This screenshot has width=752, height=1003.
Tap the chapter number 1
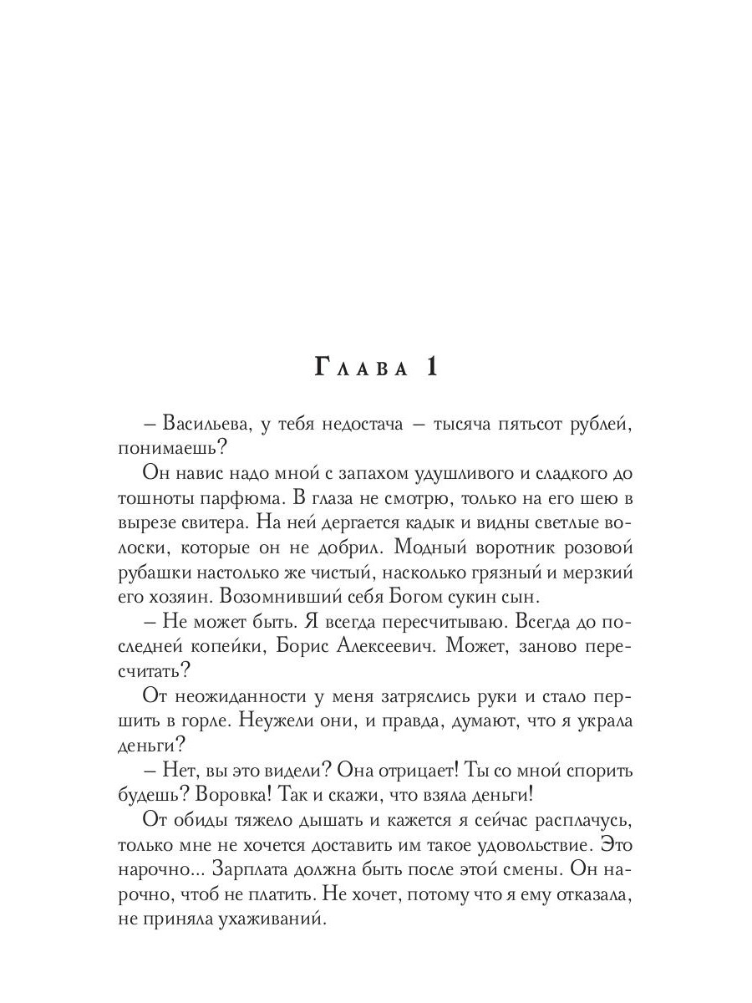(x=431, y=367)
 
